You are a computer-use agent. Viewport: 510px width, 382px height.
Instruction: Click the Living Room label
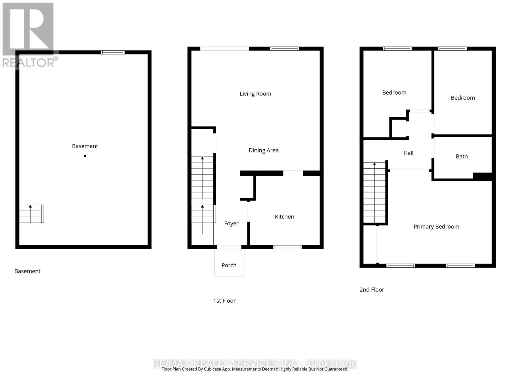point(255,94)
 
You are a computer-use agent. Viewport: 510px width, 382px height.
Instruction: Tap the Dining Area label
point(263,150)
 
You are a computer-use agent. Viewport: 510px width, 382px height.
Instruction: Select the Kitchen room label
point(284,216)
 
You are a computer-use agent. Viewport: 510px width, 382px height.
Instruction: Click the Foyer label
point(231,223)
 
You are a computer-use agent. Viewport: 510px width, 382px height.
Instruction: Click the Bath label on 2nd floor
point(462,156)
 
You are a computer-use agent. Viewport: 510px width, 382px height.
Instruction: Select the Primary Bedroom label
point(436,227)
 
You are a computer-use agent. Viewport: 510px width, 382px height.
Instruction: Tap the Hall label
point(408,153)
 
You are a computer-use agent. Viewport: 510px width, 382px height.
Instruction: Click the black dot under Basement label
point(85,156)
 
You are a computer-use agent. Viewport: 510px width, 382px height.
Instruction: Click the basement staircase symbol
point(31,214)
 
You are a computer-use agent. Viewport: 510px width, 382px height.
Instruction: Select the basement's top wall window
point(113,53)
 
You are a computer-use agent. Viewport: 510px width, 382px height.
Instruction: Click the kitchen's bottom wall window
point(288,247)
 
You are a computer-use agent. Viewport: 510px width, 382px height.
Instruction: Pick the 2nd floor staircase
point(375,193)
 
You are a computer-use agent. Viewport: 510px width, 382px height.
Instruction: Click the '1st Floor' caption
point(224,301)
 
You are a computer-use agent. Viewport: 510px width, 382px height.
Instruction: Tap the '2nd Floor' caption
point(372,290)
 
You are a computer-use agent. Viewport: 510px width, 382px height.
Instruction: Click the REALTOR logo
point(29,35)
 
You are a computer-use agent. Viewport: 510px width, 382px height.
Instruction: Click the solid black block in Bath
point(483,176)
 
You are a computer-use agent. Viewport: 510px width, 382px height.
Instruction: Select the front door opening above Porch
point(229,247)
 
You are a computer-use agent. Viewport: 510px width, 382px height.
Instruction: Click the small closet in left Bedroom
point(399,128)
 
